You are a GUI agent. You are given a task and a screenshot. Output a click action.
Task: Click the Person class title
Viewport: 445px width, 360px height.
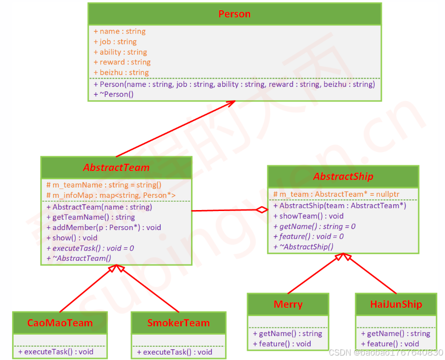click(234, 14)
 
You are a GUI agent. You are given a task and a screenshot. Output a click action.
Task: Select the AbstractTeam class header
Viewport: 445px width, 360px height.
click(116, 168)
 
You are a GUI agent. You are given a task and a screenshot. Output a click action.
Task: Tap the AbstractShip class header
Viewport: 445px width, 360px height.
click(343, 176)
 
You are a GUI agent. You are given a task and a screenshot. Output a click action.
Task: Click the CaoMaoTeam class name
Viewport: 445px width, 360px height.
click(60, 323)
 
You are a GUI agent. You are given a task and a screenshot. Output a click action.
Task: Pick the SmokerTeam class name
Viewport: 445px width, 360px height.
click(178, 323)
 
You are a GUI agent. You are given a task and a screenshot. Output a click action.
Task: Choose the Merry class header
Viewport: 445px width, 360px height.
click(288, 304)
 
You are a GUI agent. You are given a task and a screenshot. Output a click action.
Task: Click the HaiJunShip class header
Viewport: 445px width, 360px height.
click(396, 304)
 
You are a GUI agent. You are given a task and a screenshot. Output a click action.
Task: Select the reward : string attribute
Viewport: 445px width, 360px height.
click(122, 62)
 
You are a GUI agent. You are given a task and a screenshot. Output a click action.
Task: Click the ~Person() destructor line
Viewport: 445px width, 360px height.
click(114, 94)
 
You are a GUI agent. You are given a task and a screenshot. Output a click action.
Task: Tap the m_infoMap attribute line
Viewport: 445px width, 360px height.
click(111, 195)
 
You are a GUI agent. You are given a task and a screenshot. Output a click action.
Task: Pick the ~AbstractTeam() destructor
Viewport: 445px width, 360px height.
click(79, 258)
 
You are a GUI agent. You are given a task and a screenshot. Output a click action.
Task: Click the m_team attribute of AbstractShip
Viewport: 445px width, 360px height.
click(336, 194)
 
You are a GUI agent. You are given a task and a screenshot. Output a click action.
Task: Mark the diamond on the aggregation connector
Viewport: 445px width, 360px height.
click(263, 210)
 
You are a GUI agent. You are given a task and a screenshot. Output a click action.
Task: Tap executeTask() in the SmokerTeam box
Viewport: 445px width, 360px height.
click(174, 352)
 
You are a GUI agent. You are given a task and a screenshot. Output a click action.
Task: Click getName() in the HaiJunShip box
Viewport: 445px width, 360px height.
click(395, 334)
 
